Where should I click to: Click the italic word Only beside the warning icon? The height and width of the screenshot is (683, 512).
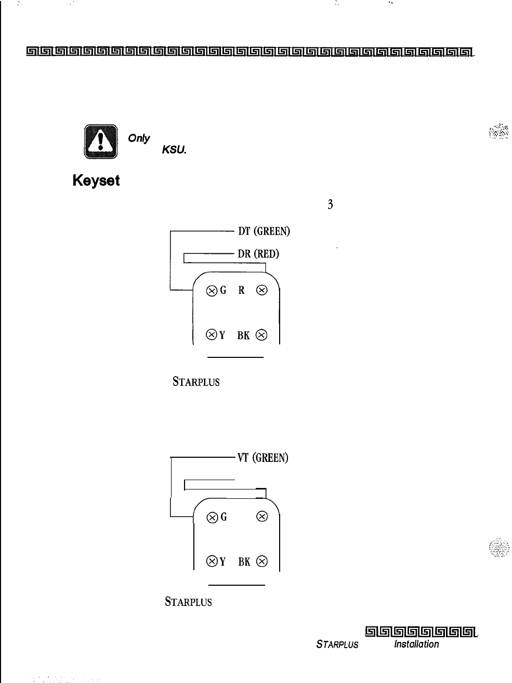point(139,138)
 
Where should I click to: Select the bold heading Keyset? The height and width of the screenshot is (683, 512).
point(96,181)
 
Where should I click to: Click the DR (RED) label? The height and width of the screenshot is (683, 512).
point(258,254)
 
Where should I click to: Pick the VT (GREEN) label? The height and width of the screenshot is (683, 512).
point(262,458)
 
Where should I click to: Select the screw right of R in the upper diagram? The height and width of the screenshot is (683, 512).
point(262,291)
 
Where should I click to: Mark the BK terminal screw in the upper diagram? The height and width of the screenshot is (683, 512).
point(262,335)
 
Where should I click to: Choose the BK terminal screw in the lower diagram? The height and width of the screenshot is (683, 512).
point(262,561)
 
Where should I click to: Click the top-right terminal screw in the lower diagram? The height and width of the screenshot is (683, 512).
point(262,517)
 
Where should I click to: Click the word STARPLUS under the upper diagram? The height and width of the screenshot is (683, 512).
point(196,382)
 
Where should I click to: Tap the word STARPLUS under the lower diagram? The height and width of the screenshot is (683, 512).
point(188,602)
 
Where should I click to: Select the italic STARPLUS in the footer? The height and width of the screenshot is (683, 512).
point(337,645)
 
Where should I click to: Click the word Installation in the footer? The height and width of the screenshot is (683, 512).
point(416,644)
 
